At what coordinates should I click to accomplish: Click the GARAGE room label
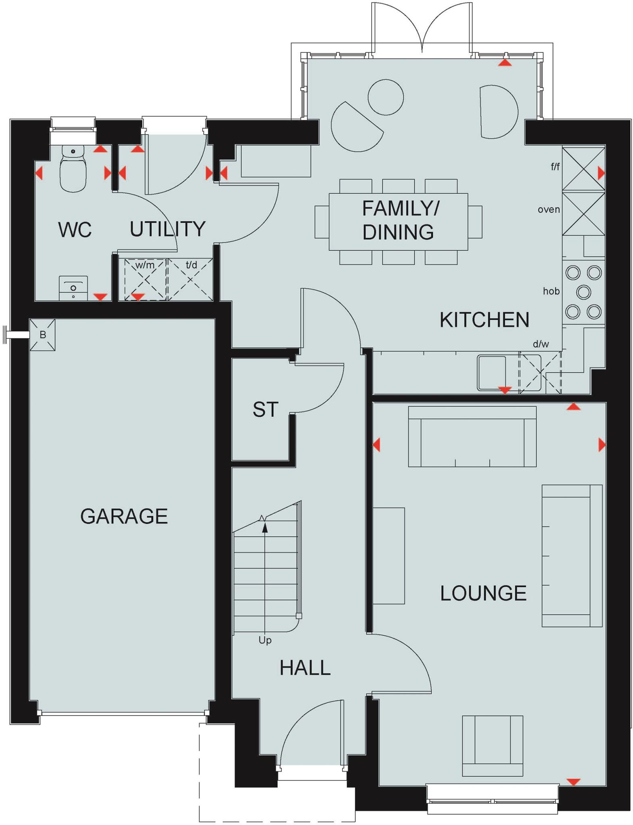pos(124,516)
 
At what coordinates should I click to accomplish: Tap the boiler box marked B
pos(42,335)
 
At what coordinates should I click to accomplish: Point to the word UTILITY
pos(167,229)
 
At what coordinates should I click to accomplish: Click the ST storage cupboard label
pos(265,410)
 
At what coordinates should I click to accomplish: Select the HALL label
pos(305,668)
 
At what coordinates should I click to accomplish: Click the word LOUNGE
pos(483,593)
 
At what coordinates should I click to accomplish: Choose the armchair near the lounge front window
pos(492,745)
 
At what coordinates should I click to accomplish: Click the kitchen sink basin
pos(492,373)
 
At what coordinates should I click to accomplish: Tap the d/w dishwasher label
pos(540,344)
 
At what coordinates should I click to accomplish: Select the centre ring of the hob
pos(583,292)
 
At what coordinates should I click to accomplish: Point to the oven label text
pos(548,209)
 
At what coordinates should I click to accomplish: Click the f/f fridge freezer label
pos(555,166)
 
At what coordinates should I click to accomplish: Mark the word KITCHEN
pos(484,320)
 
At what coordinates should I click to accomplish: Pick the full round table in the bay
pos(386,97)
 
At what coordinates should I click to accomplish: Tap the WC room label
pos(75,230)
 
